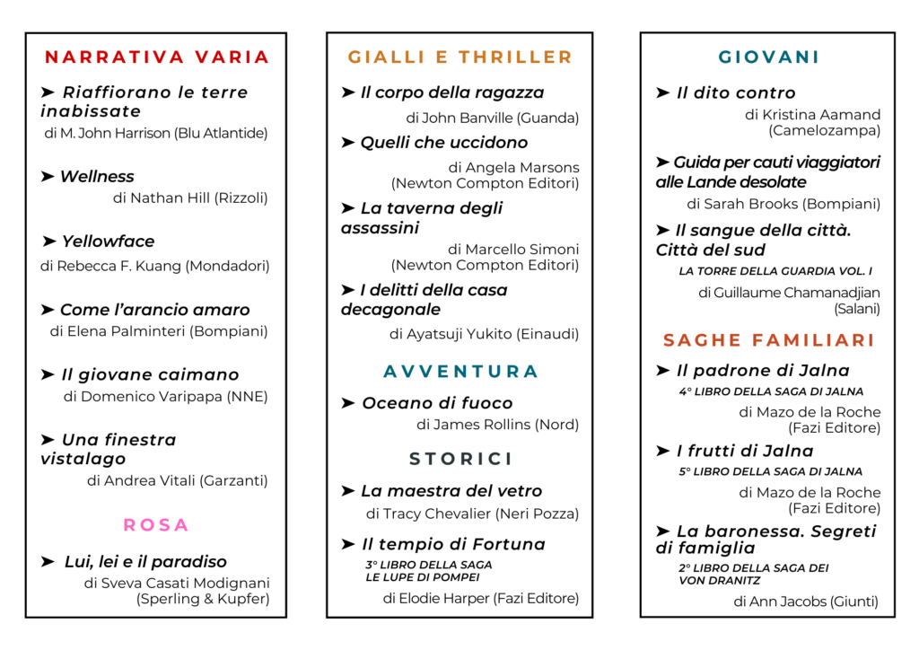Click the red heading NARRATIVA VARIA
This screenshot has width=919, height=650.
[157, 57]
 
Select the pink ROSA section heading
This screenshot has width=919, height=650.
[156, 524]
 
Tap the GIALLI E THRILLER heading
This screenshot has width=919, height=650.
[460, 57]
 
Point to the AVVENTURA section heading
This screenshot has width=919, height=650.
[460, 372]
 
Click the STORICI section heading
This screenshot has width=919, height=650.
[460, 459]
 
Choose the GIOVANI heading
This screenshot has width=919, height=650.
[769, 57]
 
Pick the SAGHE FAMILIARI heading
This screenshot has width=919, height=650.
[768, 340]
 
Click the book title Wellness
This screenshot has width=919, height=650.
[97, 177]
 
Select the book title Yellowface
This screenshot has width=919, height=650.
[108, 242]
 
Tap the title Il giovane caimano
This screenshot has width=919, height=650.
[150, 375]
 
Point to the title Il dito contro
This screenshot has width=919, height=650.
[736, 93]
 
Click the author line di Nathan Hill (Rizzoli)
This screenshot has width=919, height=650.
[190, 198]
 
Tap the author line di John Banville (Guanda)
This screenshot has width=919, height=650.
[492, 118]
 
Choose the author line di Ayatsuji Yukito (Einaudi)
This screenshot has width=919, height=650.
[484, 334]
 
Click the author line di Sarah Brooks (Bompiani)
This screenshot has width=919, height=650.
[783, 205]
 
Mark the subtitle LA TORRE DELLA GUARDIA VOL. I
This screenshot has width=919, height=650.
[775, 271]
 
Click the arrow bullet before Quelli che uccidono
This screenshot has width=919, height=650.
[348, 143]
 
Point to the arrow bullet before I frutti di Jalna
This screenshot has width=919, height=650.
[663, 452]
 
